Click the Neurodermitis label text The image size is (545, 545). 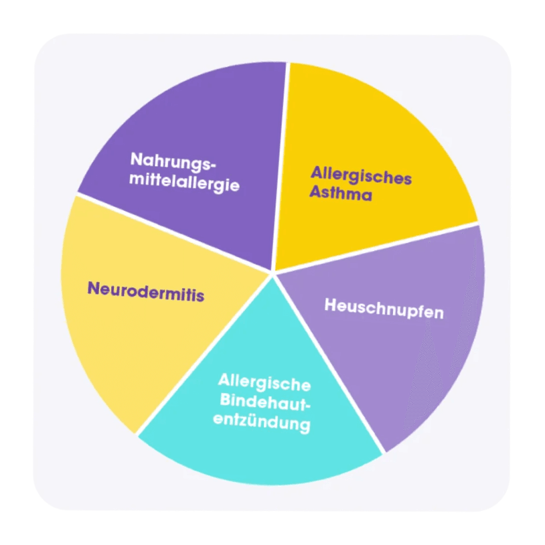click(x=146, y=291)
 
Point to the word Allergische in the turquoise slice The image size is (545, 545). click(x=264, y=384)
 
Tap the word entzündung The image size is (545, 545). click(x=266, y=424)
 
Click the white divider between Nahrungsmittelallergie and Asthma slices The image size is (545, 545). click(x=281, y=167)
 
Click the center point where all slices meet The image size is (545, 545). click(x=274, y=272)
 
